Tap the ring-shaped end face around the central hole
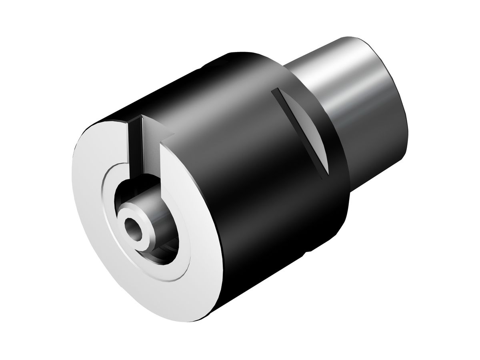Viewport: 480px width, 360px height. point(125,218)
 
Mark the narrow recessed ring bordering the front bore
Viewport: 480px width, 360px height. point(105,240)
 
